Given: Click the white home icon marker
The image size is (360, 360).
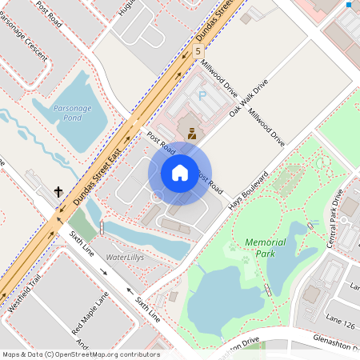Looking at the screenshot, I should pos(180,172).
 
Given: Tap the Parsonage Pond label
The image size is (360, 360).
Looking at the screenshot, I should pos(69,112).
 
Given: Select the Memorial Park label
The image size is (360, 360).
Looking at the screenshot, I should pos(265,247).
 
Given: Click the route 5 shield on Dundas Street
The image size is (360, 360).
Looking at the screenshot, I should pos(198,51).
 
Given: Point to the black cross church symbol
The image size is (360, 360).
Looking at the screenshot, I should pos(58,192).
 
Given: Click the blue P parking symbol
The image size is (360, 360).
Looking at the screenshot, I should pos(202,95).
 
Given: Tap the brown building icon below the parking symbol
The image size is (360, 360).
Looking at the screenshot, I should pos(192,133).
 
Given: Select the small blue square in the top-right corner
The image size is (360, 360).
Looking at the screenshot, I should pos(349,5).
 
